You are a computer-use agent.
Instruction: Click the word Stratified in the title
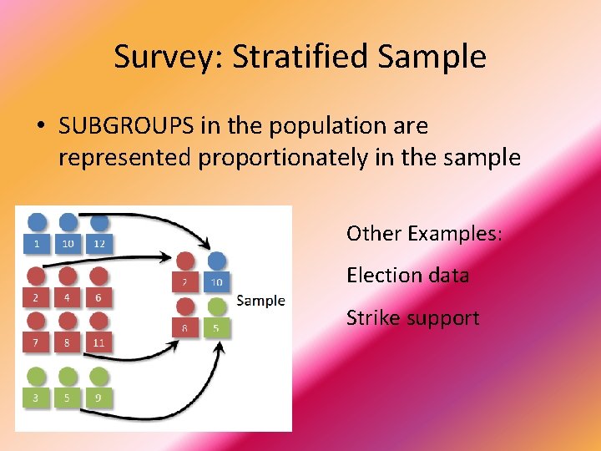pyautogui.click(x=300, y=57)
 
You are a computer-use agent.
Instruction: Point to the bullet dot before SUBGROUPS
pyautogui.click(x=40, y=127)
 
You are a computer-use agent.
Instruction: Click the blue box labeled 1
pyautogui.click(x=36, y=243)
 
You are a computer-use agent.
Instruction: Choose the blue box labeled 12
pyautogui.click(x=99, y=243)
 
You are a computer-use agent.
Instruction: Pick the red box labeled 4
pyautogui.click(x=68, y=297)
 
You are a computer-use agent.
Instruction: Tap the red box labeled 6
pyautogui.click(x=99, y=297)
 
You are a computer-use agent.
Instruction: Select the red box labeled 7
pyautogui.click(x=36, y=342)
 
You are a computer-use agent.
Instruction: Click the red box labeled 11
pyautogui.click(x=99, y=342)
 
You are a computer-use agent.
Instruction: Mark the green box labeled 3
pyautogui.click(x=36, y=398)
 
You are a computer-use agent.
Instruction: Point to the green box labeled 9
pyautogui.click(x=99, y=398)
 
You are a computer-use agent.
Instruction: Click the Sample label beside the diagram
pyautogui.click(x=260, y=301)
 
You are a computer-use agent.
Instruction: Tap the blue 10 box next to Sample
pyautogui.click(x=216, y=283)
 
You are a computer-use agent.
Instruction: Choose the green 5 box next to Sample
pyautogui.click(x=216, y=328)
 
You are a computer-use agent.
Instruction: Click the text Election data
pyautogui.click(x=407, y=276)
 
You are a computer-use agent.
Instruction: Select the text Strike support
pyautogui.click(x=412, y=318)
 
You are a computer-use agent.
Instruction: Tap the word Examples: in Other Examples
pyautogui.click(x=455, y=234)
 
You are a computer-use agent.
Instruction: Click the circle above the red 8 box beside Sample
pyautogui.click(x=185, y=307)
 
